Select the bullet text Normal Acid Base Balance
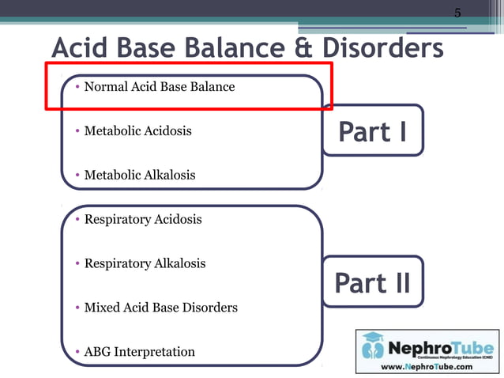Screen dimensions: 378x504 click(159, 86)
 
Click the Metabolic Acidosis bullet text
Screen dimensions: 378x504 click(137, 130)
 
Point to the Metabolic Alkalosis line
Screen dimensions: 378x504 click(139, 175)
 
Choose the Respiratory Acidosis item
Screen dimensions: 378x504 click(142, 219)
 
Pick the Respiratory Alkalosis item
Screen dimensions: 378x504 click(145, 263)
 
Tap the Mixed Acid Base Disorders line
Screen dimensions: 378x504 click(160, 307)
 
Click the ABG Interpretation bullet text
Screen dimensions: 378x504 click(139, 351)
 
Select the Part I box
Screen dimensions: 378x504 click(373, 131)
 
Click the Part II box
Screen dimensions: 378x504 click(373, 282)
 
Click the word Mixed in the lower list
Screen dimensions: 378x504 click(101, 307)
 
